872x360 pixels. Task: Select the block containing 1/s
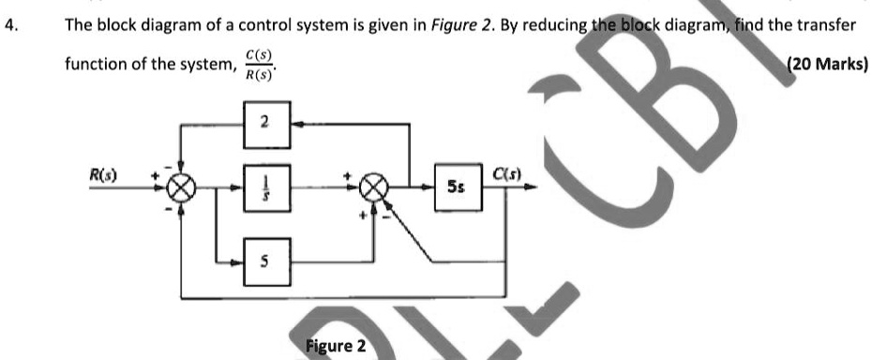[264, 187]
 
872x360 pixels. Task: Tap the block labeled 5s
[455, 187]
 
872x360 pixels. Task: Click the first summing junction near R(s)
[179, 187]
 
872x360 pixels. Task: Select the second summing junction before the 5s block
[374, 187]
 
